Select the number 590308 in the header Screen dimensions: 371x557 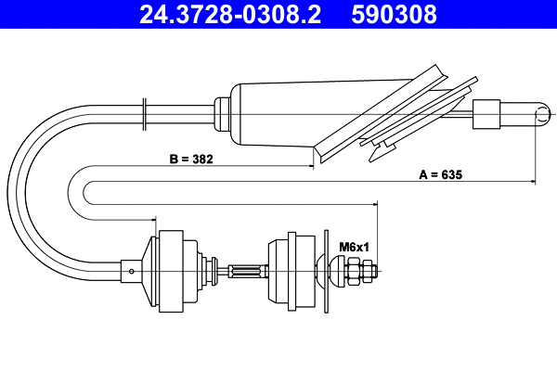(x=394, y=15)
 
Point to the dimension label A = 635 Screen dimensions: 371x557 (x=441, y=174)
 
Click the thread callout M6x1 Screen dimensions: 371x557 (x=354, y=247)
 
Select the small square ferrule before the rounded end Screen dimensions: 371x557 (x=486, y=115)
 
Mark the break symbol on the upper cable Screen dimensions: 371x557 (x=146, y=110)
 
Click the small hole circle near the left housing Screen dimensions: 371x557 (x=134, y=272)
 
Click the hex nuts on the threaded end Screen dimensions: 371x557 (x=362, y=272)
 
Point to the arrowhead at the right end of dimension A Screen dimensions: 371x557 (x=533, y=181)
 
